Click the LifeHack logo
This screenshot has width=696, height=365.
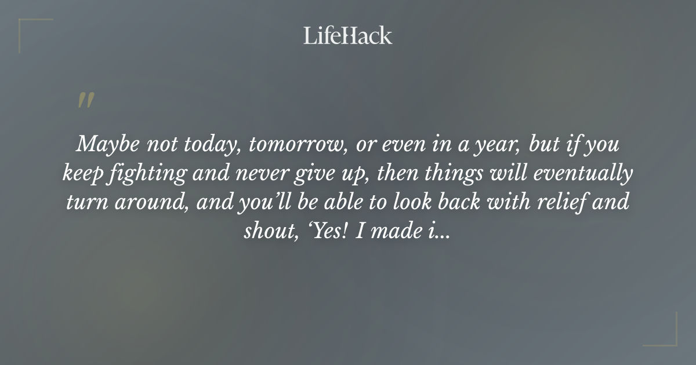(x=348, y=35)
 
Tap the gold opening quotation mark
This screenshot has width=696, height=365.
(x=86, y=100)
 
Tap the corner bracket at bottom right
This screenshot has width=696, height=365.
(x=666, y=335)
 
